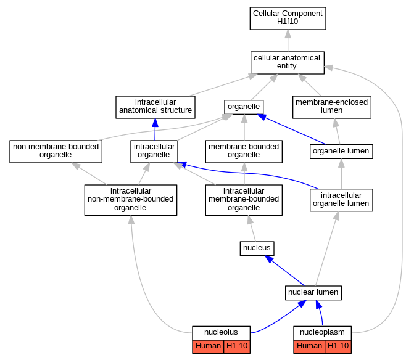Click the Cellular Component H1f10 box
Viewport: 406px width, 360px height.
click(x=288, y=18)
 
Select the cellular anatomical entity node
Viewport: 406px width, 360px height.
click(x=287, y=63)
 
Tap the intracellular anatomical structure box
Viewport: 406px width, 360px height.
click(x=155, y=107)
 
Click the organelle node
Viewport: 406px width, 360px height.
click(x=244, y=107)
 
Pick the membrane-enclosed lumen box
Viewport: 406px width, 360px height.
click(x=332, y=107)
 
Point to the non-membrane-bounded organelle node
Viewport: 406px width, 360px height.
click(x=56, y=152)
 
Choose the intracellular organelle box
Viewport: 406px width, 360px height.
click(x=154, y=152)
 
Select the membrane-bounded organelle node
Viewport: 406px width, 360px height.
click(x=244, y=152)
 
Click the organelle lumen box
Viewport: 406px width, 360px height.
click(x=341, y=152)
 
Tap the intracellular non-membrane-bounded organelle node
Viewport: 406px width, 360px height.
click(x=131, y=200)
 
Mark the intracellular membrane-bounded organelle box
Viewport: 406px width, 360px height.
click(x=244, y=200)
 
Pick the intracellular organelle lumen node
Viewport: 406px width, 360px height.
click(x=341, y=200)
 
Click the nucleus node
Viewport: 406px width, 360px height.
click(x=257, y=248)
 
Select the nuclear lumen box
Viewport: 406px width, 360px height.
click(x=313, y=293)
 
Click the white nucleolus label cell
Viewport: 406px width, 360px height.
click(x=221, y=333)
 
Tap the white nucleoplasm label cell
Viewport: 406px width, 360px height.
click(x=322, y=333)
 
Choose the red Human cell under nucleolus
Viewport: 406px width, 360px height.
click(x=208, y=346)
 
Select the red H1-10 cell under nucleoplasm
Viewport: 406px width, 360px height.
click(x=338, y=346)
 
